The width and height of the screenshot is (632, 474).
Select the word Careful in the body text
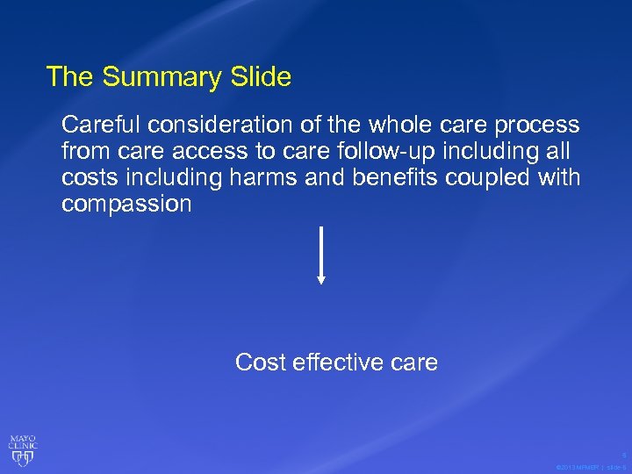click(94, 126)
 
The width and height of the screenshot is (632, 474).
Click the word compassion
click(126, 205)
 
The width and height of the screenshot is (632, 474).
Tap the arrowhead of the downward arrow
click(321, 280)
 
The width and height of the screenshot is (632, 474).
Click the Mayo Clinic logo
click(23, 449)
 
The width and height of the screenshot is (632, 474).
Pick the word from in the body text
click(82, 152)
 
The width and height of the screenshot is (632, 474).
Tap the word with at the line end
click(560, 178)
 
